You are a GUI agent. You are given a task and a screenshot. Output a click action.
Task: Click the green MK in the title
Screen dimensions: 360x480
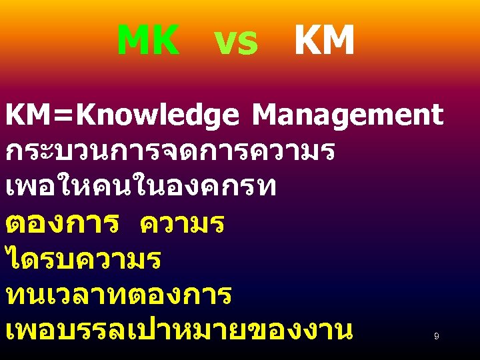point(147,41)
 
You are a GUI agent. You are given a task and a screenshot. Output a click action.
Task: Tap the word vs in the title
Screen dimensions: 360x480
point(236,43)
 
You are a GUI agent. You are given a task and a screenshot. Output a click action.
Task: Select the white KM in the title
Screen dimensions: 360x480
point(324,41)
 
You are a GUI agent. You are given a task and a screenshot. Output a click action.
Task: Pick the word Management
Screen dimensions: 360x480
point(347,115)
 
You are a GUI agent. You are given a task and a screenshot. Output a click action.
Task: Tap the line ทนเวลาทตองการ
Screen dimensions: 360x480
point(119,295)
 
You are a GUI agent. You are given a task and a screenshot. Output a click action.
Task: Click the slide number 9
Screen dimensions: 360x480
point(436,337)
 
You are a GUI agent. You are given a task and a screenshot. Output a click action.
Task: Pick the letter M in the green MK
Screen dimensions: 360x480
point(132,41)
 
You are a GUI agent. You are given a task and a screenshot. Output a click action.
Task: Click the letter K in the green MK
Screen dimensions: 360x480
point(165,41)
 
